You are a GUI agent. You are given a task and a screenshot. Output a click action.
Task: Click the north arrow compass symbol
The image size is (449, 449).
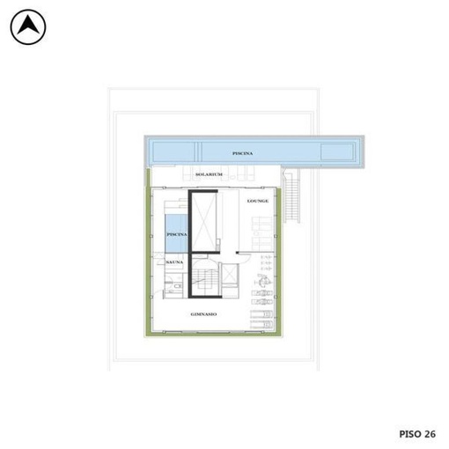(x=28, y=27)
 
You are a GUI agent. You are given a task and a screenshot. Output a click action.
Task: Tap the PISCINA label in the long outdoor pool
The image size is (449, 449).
(x=242, y=153)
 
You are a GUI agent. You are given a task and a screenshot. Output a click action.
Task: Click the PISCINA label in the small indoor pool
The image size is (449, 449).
(x=177, y=234)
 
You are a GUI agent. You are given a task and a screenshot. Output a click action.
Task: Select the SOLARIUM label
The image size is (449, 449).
(x=209, y=174)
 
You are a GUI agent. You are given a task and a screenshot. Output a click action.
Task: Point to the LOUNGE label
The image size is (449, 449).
(x=258, y=201)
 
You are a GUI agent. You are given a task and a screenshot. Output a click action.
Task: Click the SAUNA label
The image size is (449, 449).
(x=174, y=262)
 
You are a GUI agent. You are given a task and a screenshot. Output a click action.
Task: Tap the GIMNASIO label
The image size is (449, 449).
(x=203, y=314)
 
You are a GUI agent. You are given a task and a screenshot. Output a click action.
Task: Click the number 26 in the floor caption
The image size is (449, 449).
(x=430, y=434)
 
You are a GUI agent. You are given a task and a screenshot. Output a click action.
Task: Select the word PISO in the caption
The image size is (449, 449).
(x=410, y=434)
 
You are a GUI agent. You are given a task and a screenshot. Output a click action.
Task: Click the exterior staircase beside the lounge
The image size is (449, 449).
(x=291, y=195)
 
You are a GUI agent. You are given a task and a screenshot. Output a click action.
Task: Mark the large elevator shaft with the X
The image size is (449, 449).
(x=204, y=222)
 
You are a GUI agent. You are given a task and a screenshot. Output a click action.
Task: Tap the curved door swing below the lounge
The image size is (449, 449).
(x=245, y=259)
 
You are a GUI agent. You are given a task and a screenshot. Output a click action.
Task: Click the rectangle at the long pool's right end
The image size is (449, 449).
(x=337, y=151)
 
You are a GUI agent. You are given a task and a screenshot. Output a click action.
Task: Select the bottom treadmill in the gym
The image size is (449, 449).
(x=261, y=325)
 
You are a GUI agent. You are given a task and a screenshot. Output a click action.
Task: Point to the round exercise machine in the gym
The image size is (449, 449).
(x=262, y=280)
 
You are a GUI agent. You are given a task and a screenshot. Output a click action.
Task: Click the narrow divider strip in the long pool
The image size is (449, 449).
(x=198, y=151)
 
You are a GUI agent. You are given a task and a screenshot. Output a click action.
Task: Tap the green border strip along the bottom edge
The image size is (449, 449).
(x=212, y=334)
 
